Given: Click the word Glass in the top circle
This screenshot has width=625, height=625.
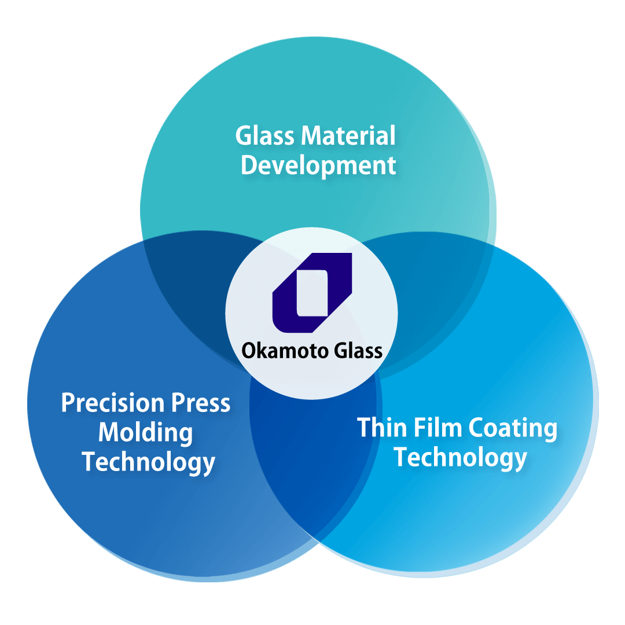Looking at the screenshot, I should tap(265, 137).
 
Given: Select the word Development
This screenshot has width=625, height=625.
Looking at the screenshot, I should tap(318, 166).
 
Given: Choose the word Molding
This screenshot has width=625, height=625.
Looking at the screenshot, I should tap(145, 433).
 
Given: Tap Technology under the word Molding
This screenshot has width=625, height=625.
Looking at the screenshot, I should tap(148, 462).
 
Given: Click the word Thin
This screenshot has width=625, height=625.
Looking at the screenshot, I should tap(380, 428).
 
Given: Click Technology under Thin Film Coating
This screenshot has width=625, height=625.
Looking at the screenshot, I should tap(460, 458).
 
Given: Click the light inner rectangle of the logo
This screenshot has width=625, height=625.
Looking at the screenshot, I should tap(312, 293).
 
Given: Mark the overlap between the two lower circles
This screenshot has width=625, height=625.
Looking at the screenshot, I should tap(312, 463).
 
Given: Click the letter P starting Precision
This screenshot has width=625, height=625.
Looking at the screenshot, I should tap(68, 403).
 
